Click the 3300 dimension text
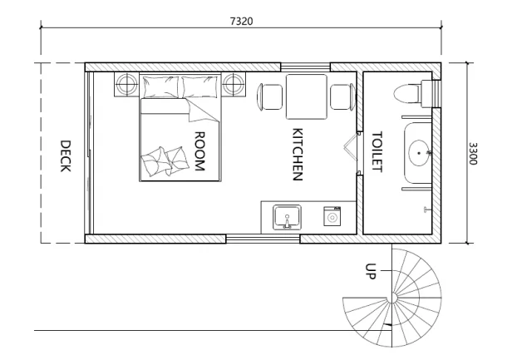pos(473,154)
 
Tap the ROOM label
pos(199,150)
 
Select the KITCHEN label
pos(298,154)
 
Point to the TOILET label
pos(377,150)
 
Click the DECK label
pos(65,155)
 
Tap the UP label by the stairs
pos(371,272)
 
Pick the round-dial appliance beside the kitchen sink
pos(332,218)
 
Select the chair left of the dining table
pos(272,97)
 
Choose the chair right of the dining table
pos(341,97)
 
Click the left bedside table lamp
pos(126,84)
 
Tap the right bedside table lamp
pos(234,84)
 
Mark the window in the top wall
pos(305,67)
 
